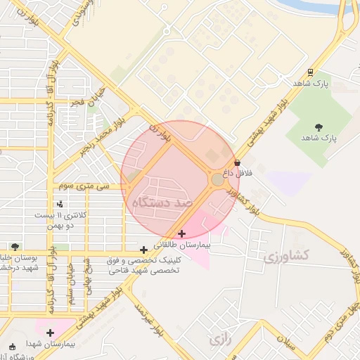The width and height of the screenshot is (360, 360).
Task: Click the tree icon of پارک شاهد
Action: click(319, 127)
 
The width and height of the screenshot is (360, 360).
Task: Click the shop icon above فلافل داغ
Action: click(236, 163)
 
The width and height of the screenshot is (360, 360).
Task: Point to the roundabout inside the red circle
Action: click(218, 180)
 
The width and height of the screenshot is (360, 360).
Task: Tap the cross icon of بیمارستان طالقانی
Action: click(182, 233)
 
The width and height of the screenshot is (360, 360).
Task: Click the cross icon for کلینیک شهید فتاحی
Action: click(143, 249)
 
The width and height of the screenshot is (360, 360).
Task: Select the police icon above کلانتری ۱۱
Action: click(60, 204)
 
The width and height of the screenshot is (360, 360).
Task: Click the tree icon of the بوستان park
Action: click(15, 247)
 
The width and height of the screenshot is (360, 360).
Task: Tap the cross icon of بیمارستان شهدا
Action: click(50, 333)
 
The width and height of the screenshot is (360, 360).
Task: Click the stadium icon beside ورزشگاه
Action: click(11, 347)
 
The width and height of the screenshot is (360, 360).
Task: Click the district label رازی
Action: click(220, 339)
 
